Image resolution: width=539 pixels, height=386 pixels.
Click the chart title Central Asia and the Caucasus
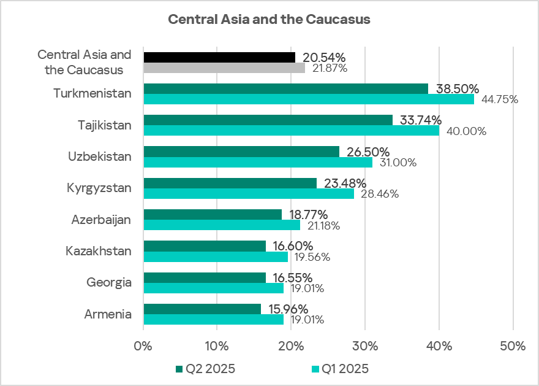click(269, 20)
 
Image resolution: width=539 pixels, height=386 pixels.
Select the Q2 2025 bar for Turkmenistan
click(285, 89)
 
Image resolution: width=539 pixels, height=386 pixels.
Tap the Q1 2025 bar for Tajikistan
click(291, 131)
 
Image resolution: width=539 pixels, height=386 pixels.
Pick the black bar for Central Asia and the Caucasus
click(219, 57)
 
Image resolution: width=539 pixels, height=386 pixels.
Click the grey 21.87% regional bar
click(224, 68)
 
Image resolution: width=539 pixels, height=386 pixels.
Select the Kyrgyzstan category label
click(99, 188)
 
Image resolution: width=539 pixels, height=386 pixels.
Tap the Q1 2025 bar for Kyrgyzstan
click(248, 194)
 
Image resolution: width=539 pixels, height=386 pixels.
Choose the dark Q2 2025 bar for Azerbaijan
click(212, 214)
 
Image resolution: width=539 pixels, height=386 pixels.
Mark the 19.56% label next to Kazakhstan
click(310, 257)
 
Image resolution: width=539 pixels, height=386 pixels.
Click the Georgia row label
click(109, 282)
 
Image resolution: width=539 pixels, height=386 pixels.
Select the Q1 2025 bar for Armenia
click(213, 319)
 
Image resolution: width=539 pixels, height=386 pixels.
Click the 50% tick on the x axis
click(513, 346)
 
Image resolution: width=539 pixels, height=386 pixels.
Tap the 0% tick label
click(143, 346)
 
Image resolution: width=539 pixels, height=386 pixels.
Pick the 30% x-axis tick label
click(365, 346)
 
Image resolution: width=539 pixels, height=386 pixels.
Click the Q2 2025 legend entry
click(205, 369)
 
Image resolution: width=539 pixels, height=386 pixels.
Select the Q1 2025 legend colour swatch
click(316, 369)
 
